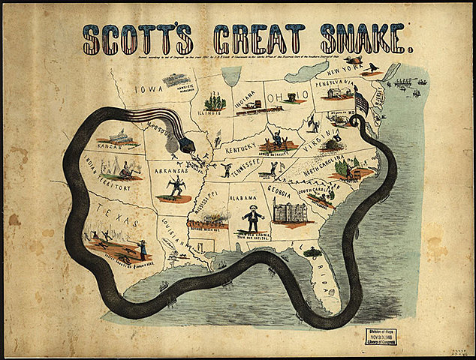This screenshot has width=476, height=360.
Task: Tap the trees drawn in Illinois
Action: pos(215,100)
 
